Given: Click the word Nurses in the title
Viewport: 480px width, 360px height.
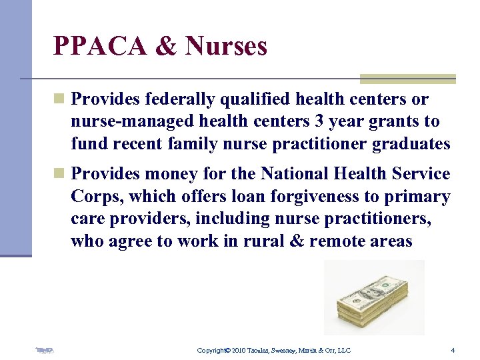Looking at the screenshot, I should pyautogui.click(x=227, y=46).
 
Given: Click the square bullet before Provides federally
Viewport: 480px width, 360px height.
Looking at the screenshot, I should pyautogui.click(x=59, y=99).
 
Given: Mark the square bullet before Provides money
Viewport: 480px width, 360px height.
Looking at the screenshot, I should pyautogui.click(x=59, y=174).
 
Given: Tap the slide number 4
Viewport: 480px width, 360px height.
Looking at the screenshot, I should pyautogui.click(x=453, y=350).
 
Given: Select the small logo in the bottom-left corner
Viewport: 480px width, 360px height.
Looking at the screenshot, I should pyautogui.click(x=45, y=350).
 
